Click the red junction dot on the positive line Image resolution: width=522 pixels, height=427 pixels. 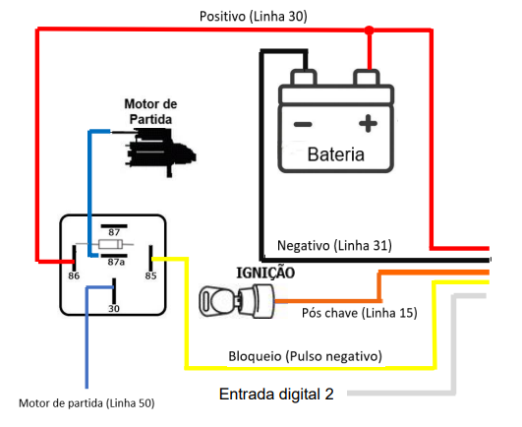[x=369, y=30]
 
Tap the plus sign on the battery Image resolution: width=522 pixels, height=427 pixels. [x=368, y=124]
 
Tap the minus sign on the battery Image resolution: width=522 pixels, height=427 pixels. [x=303, y=125]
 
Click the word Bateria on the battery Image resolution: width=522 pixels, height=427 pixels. [x=335, y=154]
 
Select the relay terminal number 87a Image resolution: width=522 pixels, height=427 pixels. [x=116, y=262]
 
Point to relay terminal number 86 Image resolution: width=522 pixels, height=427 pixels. [x=74, y=275]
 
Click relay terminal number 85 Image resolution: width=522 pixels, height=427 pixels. [x=150, y=275]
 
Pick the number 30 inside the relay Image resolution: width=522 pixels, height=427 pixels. [x=114, y=309]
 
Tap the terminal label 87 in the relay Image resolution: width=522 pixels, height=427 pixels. [x=114, y=232]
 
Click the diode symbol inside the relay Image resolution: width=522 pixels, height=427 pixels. [x=110, y=245]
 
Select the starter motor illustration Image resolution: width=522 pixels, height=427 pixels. [x=160, y=152]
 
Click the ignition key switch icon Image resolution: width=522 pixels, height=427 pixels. [x=237, y=301]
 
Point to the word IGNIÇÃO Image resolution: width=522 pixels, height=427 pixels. [x=265, y=273]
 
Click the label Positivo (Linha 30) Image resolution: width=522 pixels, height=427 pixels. [x=254, y=16]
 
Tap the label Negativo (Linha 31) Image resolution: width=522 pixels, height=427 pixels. [x=334, y=245]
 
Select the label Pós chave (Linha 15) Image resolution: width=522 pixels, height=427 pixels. [x=360, y=313]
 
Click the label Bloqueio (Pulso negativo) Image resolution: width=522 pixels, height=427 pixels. [x=306, y=356]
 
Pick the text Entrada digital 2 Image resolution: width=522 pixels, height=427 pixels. [x=276, y=394]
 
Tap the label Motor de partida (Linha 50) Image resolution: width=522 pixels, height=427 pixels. [x=87, y=403]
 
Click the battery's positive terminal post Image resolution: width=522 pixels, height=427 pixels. [x=367, y=78]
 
